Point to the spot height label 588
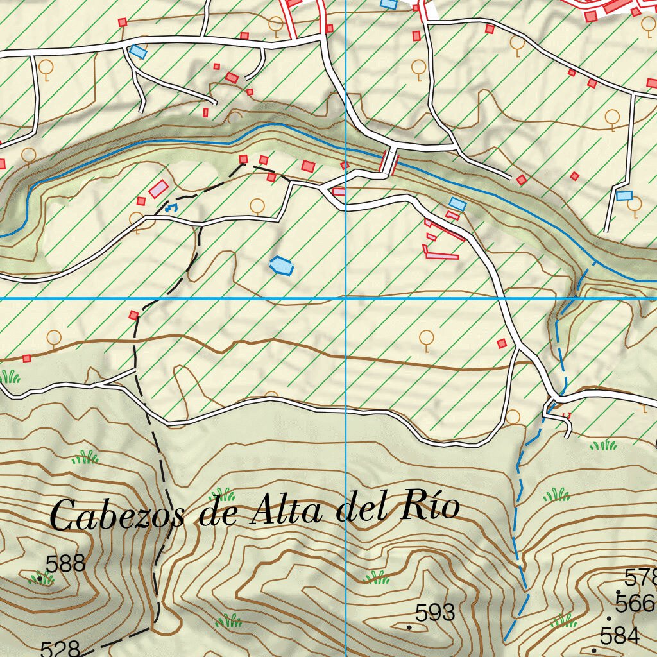click(65, 564)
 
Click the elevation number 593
click(435, 613)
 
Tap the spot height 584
click(620, 636)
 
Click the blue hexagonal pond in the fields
click(282, 265)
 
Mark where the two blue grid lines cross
click(346, 298)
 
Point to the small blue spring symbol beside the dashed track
click(171, 208)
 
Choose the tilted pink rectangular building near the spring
click(158, 189)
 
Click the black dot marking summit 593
click(409, 627)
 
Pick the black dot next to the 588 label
click(40, 578)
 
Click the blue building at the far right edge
click(624, 195)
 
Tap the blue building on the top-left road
click(137, 51)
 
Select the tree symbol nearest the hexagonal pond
click(257, 206)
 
